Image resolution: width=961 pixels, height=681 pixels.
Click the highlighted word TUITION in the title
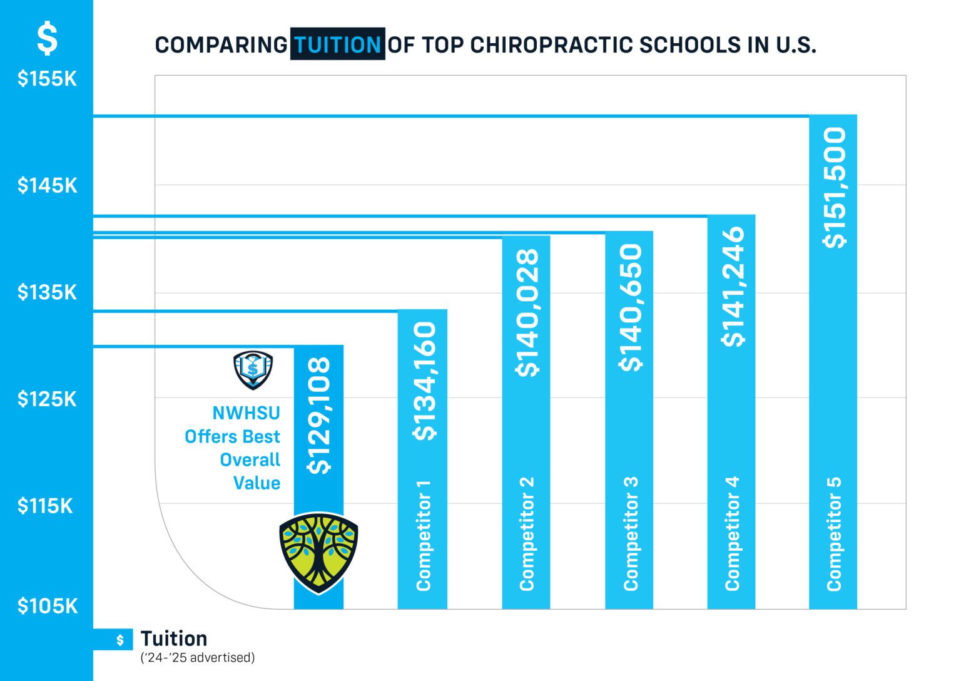(x=337, y=44)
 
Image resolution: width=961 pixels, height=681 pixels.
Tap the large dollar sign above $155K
(x=47, y=38)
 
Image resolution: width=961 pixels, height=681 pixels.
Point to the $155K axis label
(x=47, y=79)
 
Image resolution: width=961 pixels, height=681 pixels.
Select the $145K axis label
(x=47, y=185)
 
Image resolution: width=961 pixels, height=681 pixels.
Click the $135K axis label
(x=47, y=292)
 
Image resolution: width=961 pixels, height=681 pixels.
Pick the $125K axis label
(x=47, y=399)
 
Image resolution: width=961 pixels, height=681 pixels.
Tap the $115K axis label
(x=46, y=506)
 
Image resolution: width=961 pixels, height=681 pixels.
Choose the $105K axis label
(x=48, y=606)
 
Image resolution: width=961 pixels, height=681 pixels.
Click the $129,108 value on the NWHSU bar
(x=319, y=415)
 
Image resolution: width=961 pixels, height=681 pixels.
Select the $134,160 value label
(x=424, y=381)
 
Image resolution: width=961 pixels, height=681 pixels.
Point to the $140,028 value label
(x=527, y=312)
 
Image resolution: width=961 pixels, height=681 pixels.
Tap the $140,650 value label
(x=631, y=307)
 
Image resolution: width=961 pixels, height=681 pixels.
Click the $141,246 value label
(x=733, y=286)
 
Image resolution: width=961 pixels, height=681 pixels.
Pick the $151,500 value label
(x=834, y=187)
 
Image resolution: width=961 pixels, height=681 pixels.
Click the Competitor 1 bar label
(x=424, y=535)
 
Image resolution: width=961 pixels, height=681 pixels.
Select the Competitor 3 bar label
(x=630, y=533)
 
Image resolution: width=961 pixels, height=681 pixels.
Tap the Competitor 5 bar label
(x=834, y=533)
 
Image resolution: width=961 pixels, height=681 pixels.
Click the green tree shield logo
(x=318, y=553)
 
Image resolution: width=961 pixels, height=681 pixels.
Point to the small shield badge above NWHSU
(x=253, y=370)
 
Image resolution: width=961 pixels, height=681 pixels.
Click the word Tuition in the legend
(x=174, y=638)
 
